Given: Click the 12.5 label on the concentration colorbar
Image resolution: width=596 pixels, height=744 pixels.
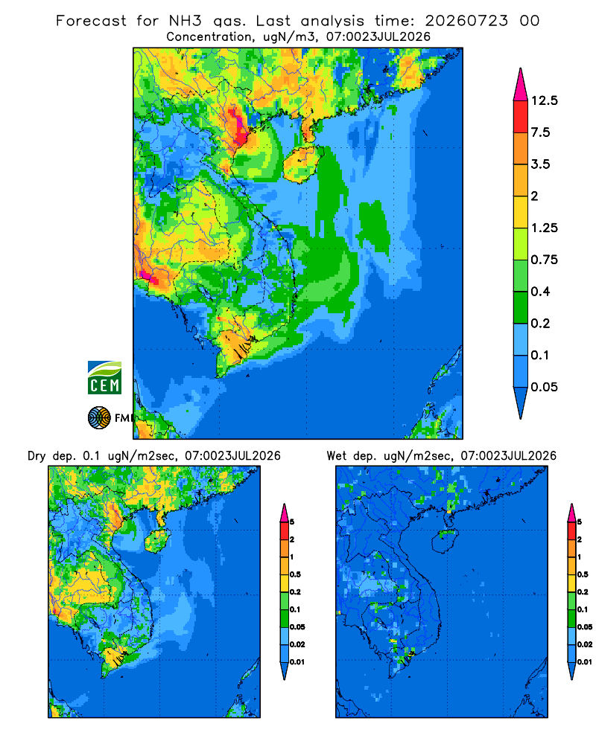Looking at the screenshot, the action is [x=544, y=100].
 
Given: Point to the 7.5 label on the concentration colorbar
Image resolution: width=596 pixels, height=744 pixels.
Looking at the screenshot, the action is [x=540, y=132].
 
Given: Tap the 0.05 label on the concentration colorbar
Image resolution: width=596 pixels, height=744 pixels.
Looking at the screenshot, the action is [x=544, y=387].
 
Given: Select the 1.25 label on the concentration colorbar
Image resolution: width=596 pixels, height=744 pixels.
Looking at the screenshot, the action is [x=544, y=228].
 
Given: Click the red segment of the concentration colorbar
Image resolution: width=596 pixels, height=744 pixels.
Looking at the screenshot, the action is [x=521, y=117].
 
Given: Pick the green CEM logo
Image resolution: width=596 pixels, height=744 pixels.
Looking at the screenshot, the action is [x=104, y=378].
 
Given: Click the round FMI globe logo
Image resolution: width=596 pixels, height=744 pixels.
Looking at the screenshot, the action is [x=99, y=418].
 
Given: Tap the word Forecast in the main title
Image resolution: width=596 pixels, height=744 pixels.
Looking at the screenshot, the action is [x=91, y=21].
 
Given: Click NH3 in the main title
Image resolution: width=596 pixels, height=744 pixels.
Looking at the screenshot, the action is [x=186, y=21].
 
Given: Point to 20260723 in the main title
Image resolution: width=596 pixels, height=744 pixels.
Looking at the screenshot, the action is [x=466, y=21].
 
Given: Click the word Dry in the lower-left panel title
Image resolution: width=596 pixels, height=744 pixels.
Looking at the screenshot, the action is [x=36, y=457].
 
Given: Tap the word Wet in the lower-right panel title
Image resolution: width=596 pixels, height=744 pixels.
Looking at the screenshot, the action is [x=337, y=456].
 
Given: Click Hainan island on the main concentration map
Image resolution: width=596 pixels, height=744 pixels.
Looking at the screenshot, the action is [x=300, y=164].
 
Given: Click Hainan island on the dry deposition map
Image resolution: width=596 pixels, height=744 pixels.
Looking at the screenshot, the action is [x=158, y=542].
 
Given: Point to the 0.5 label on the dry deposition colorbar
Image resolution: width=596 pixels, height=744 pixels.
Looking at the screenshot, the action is [x=296, y=574].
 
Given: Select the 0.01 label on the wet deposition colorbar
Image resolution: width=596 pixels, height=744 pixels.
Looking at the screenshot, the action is [x=585, y=662].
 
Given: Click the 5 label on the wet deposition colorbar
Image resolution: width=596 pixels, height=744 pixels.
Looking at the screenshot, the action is [x=580, y=522].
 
